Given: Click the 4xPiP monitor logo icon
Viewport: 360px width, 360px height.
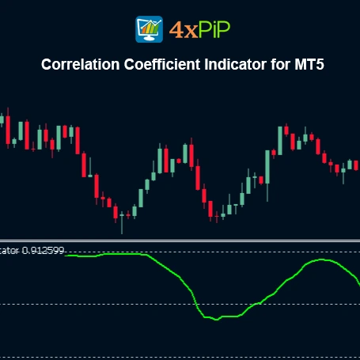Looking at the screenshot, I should (150, 28).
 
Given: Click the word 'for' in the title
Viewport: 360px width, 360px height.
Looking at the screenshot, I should (281, 65).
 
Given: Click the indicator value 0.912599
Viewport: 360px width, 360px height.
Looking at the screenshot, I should (44, 250).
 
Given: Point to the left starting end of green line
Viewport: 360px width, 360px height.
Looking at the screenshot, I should (66, 255).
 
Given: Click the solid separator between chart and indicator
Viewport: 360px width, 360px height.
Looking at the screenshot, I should (180, 240).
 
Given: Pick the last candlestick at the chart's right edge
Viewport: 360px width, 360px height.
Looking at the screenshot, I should (357, 164).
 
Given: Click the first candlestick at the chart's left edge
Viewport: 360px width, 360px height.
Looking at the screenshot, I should (2, 120).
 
